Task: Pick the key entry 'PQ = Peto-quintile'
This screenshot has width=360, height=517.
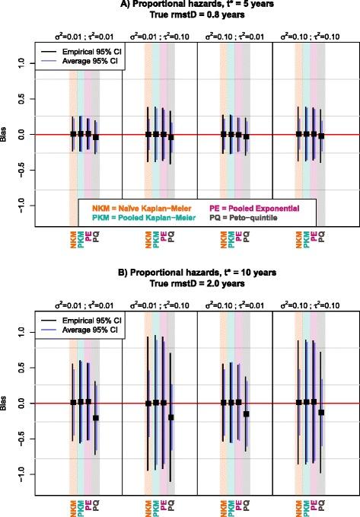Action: [x=245, y=217]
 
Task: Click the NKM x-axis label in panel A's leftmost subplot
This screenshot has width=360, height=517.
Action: [x=73, y=243]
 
